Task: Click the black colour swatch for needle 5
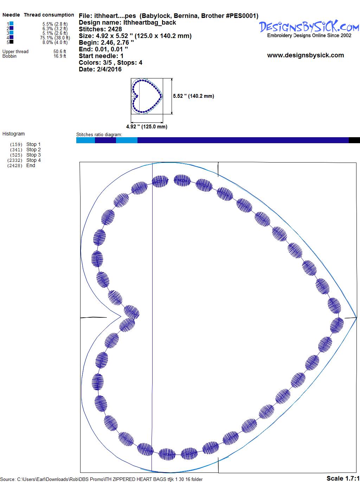pyautogui.click(x=11, y=42)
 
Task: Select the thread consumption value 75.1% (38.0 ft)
pyautogui.click(x=55, y=38)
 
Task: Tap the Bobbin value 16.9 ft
pyautogui.click(x=60, y=56)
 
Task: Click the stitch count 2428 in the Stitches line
pyautogui.click(x=115, y=29)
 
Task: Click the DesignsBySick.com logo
pyautogui.click(x=309, y=29)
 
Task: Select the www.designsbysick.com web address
pyautogui.click(x=306, y=55)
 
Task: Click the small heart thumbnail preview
pyautogui.click(x=147, y=96)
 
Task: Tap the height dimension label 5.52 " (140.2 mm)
pyautogui.click(x=193, y=96)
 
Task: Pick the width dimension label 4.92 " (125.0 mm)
pyautogui.click(x=147, y=127)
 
